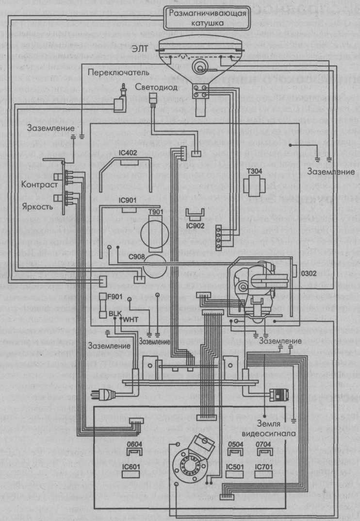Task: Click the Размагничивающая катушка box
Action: click(208, 17)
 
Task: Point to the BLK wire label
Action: click(116, 314)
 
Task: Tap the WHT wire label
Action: click(131, 320)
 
